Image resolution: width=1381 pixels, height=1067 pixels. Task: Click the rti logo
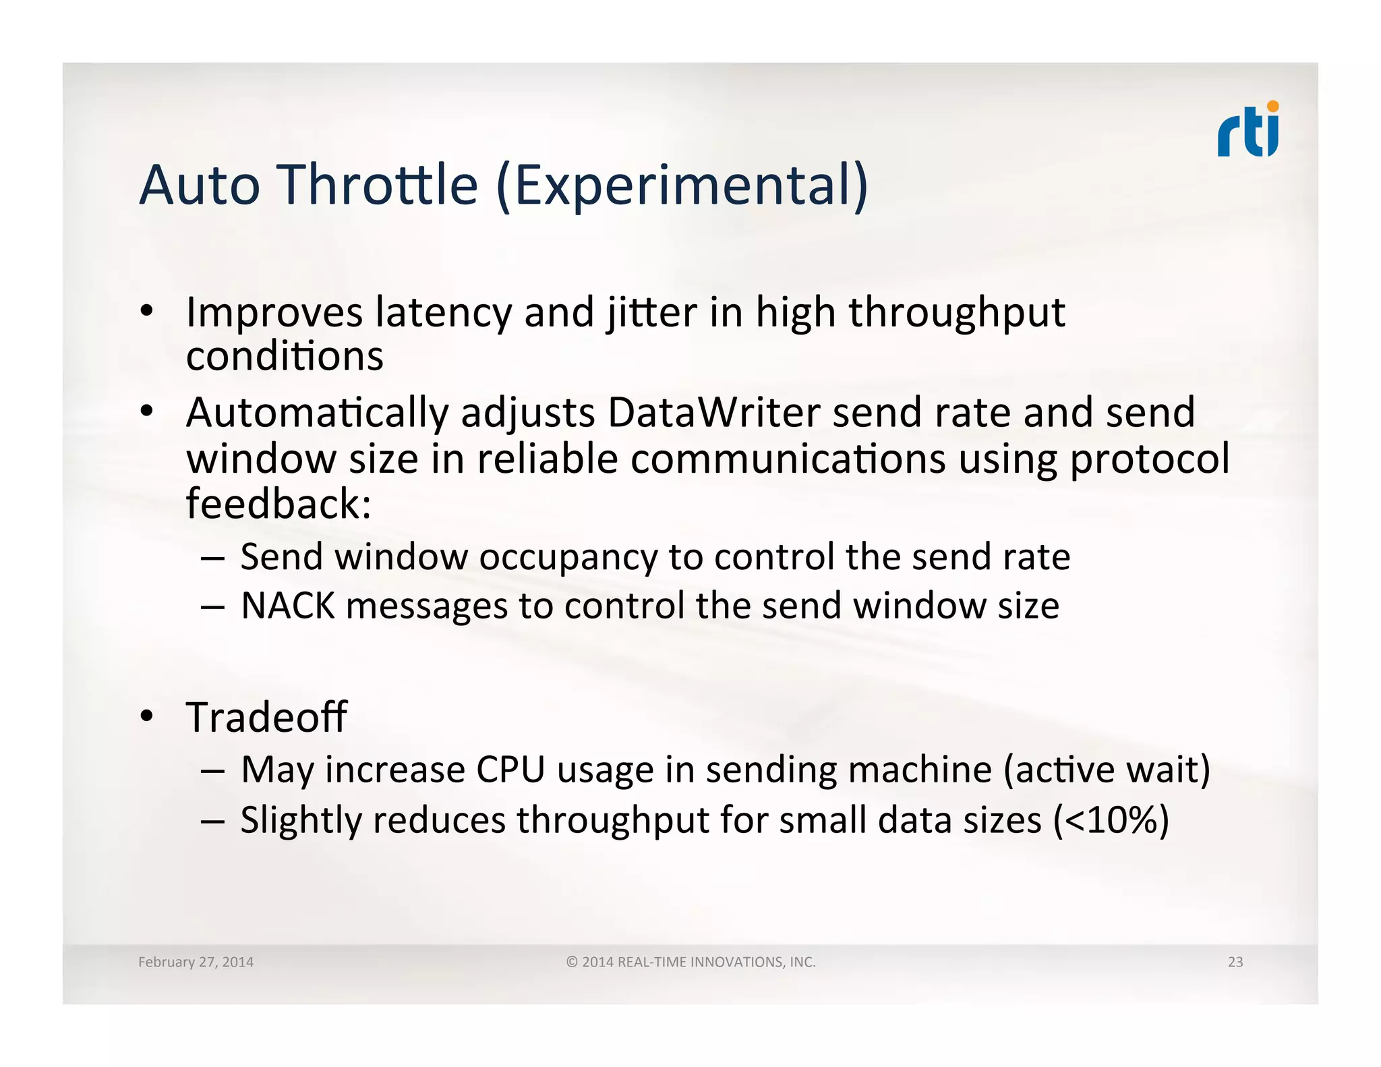tap(1247, 130)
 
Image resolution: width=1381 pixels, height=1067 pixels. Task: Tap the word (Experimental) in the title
tap(682, 186)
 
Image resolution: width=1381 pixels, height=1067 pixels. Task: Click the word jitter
tap(651, 314)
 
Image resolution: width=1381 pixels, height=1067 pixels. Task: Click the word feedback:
tap(278, 504)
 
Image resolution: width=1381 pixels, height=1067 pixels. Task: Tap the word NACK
tap(287, 606)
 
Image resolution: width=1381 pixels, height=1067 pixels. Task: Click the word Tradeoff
tap(266, 717)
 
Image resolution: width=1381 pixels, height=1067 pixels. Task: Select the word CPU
tap(510, 770)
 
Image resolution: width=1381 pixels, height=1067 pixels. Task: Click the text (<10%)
tap(1111, 821)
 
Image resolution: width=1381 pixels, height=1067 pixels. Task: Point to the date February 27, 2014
tap(196, 962)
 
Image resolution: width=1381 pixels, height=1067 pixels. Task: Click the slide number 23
tap(1235, 962)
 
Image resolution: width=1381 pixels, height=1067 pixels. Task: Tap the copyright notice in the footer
tap(690, 962)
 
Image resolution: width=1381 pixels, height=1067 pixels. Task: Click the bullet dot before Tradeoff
tap(147, 717)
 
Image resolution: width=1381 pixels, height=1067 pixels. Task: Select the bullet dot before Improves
tap(147, 312)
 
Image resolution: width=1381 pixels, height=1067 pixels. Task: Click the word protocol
tap(1150, 459)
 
